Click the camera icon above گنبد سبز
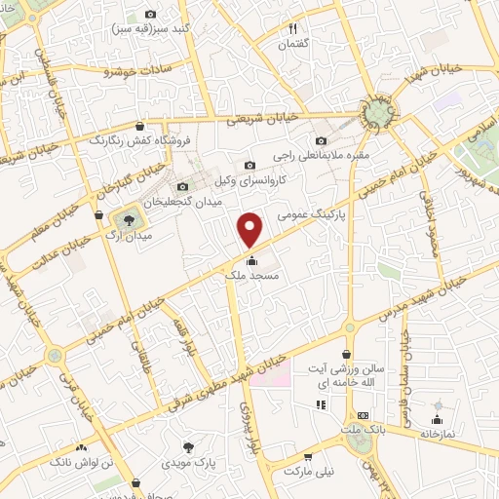(150, 14)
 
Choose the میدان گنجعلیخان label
(190, 203)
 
